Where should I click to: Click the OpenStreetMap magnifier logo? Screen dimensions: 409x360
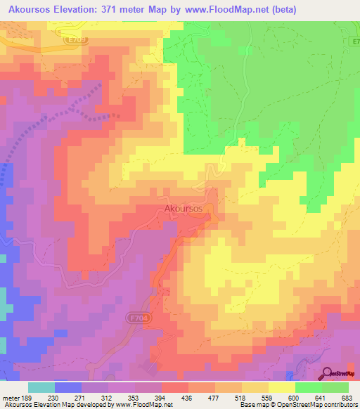coord(328,374)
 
